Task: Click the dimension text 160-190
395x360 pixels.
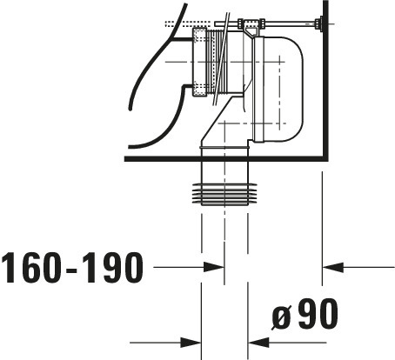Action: [x=72, y=267]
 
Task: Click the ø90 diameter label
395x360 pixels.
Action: [x=305, y=314]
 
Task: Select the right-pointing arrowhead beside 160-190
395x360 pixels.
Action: [x=214, y=267]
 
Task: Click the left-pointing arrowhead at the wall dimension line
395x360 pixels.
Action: [x=333, y=267]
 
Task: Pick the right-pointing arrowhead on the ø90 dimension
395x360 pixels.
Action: [x=191, y=343]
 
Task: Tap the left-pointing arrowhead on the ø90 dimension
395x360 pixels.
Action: [x=259, y=343]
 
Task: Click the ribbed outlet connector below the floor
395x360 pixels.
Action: [x=224, y=193]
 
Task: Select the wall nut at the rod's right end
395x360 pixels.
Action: [x=319, y=23]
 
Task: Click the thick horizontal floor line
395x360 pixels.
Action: [x=226, y=159]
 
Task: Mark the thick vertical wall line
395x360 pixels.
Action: [x=325, y=79]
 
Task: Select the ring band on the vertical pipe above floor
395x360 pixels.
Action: [x=224, y=148]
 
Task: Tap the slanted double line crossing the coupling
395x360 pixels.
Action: [x=221, y=58]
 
